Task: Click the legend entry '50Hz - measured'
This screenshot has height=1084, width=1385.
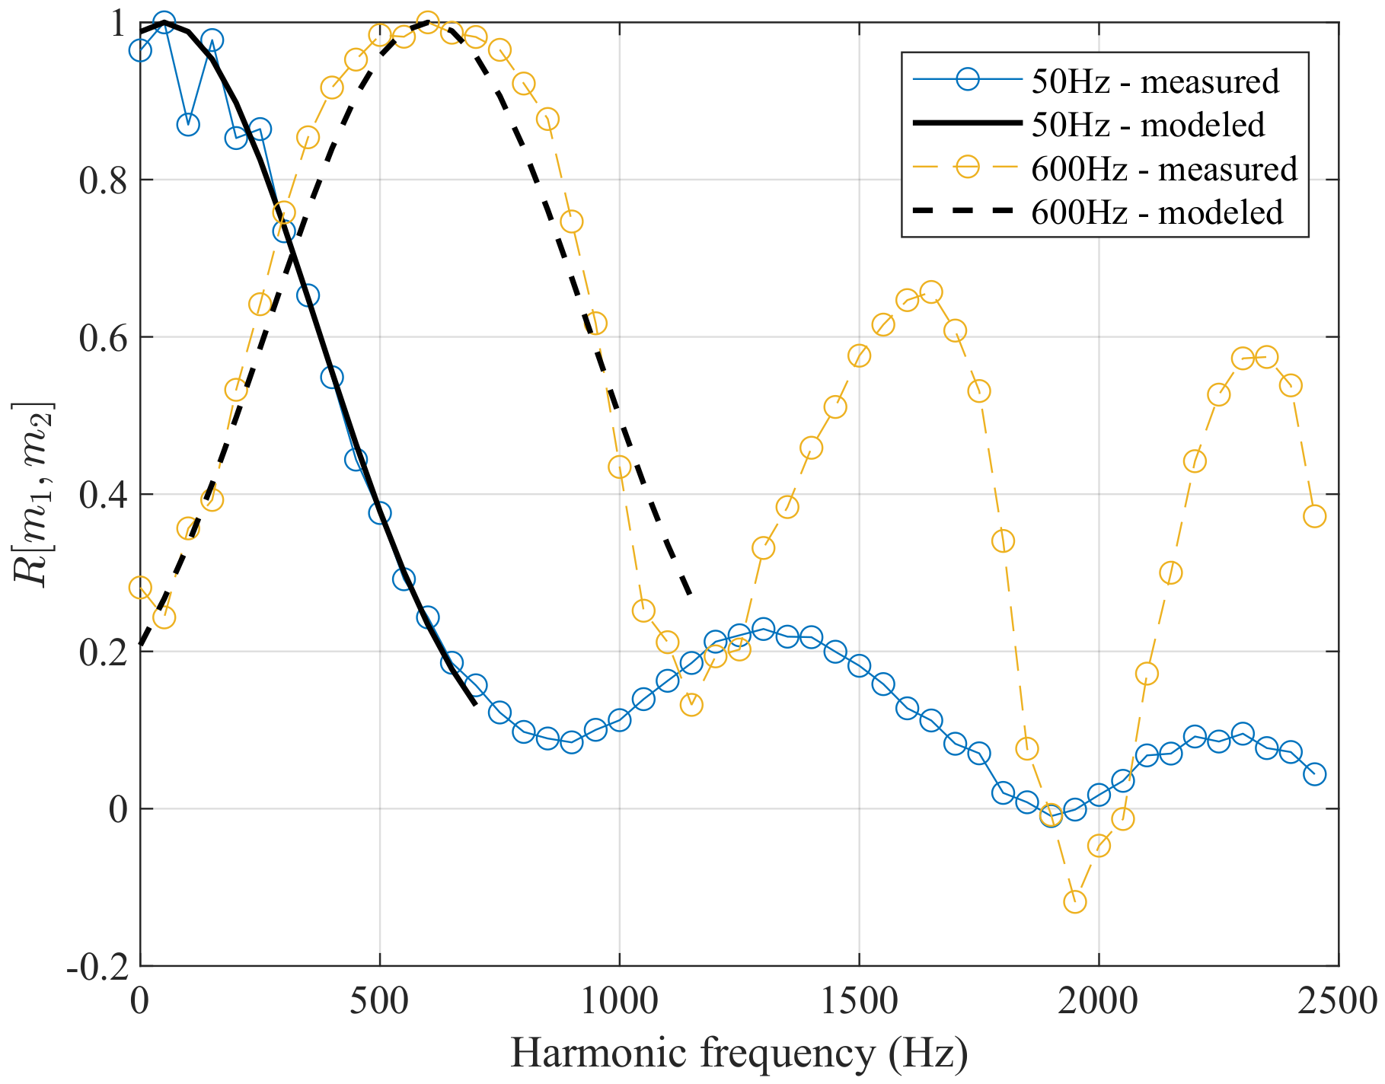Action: pos(1154,81)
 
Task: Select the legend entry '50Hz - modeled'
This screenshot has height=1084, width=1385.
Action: pos(1147,125)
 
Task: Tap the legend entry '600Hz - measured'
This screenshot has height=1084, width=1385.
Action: pos(1163,168)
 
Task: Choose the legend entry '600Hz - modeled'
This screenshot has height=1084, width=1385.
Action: pos(1157,212)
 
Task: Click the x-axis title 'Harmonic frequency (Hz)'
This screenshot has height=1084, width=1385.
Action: pos(739,1054)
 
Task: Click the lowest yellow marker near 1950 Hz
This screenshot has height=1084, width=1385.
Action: pos(1074,902)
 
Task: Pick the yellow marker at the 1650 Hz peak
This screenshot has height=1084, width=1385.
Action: pos(930,292)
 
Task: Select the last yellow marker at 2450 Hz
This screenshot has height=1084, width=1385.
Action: pos(1314,516)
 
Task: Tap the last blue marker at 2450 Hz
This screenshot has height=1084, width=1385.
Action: pos(1314,774)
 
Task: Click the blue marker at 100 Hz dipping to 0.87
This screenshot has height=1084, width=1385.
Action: pos(188,124)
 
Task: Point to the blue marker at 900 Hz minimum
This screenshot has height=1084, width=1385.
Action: pos(571,741)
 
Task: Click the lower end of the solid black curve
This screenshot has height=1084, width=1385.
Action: pos(475,704)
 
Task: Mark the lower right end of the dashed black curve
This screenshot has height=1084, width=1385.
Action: pos(690,595)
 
